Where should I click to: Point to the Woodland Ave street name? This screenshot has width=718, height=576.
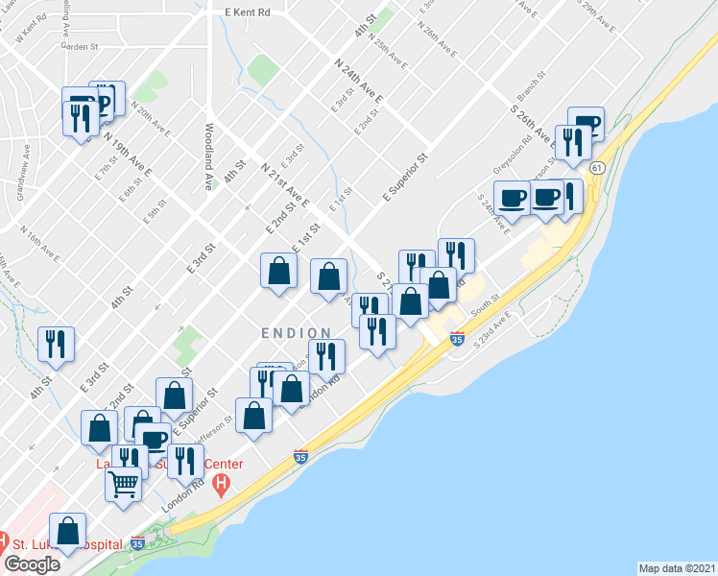pos(207,156)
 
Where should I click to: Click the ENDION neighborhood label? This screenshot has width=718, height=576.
pos(293,332)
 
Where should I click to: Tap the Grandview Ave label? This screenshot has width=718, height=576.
pos(20,173)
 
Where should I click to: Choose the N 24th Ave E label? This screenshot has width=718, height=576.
pos(358,81)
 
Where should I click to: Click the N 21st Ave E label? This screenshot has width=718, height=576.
pos(285,184)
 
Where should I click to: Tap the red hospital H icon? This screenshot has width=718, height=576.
pos(223,483)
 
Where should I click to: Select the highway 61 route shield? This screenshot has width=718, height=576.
pos(597,168)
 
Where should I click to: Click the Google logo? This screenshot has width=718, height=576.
pos(32,564)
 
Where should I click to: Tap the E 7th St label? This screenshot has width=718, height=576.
pos(105,170)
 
